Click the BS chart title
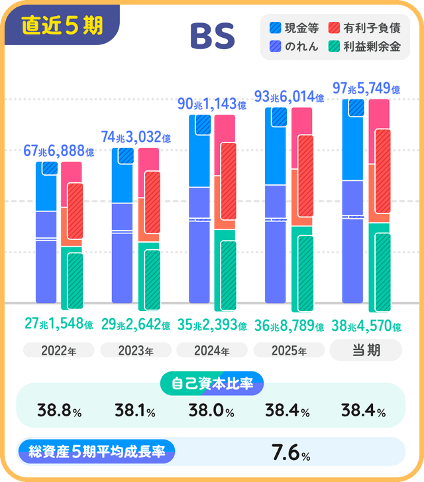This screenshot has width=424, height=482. [213, 37]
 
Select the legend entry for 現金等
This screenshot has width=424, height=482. [295, 29]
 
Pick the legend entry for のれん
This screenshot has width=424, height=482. [295, 46]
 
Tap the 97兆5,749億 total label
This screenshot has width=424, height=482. [366, 89]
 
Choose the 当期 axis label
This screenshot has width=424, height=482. [365, 349]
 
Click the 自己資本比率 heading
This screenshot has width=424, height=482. [212, 383]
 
